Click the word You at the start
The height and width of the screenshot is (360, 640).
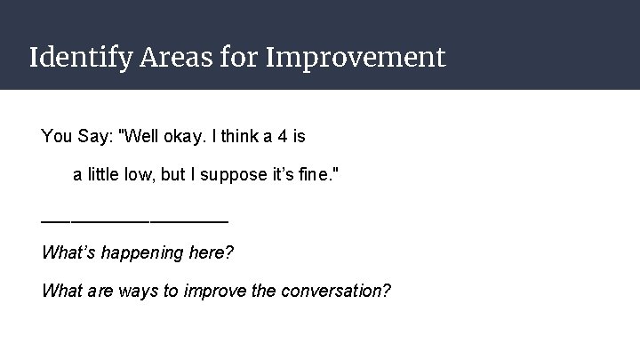[x=56, y=137]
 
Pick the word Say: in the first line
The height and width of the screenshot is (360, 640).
[x=96, y=137]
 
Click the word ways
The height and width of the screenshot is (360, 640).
[x=133, y=291]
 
